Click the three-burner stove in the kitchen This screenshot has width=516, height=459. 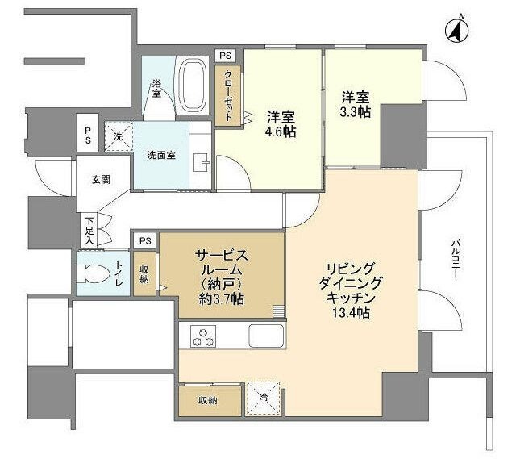[202, 336]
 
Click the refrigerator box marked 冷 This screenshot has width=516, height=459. [264, 396]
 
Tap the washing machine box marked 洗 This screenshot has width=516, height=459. [118, 137]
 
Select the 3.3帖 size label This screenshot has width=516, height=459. [356, 112]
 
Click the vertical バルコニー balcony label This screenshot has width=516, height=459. [456, 259]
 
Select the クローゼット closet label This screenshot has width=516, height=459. [228, 94]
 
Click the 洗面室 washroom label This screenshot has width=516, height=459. [161, 155]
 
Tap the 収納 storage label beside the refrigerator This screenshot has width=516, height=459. [209, 399]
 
